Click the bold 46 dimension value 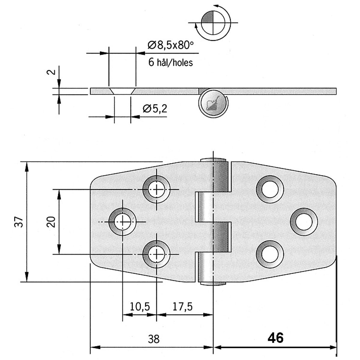[x=275, y=338]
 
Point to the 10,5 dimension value [x=140, y=306]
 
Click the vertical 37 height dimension [x=19, y=222]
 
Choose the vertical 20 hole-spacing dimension [x=52, y=222]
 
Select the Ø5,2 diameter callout [x=155, y=109]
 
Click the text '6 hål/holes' [x=170, y=62]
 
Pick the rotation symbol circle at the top [x=211, y=23]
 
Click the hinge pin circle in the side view [x=214, y=103]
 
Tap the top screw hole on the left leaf [x=156, y=189]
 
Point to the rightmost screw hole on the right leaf [x=304, y=221]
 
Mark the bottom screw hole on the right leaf [x=270, y=254]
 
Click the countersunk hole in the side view [x=122, y=91]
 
